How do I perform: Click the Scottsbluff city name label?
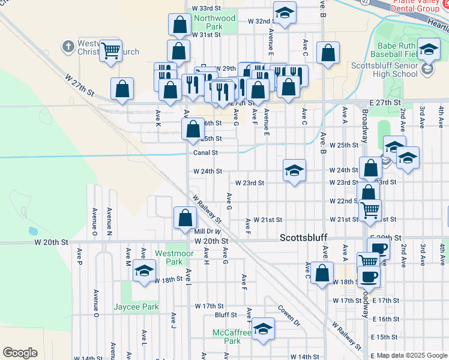tap(304, 238)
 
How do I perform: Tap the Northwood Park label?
tap(215, 23)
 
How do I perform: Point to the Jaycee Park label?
tap(136, 307)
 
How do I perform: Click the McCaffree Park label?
tap(227, 337)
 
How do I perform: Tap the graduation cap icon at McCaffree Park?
tap(262, 329)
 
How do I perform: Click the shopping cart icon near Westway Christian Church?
tap(110, 51)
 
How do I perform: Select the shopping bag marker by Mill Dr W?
tap(185, 218)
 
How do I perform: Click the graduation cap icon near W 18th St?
tap(144, 272)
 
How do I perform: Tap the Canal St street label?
tap(205, 153)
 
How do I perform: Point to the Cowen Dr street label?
tap(288, 316)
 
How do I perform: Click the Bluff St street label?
tap(226, 314)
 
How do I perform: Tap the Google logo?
tap(20, 353)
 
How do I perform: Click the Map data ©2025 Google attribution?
tap(411, 355)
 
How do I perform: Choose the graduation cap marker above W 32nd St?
tap(285, 13)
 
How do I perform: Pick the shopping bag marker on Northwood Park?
tap(179, 25)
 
